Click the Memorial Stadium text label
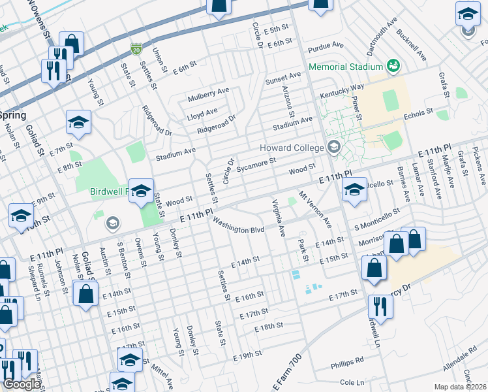(x=345, y=67)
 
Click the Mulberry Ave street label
(x=209, y=97)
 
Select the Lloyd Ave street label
(x=202, y=112)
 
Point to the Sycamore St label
(x=257, y=163)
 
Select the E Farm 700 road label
(x=287, y=372)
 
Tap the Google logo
(x=22, y=384)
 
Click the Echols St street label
(x=419, y=112)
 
